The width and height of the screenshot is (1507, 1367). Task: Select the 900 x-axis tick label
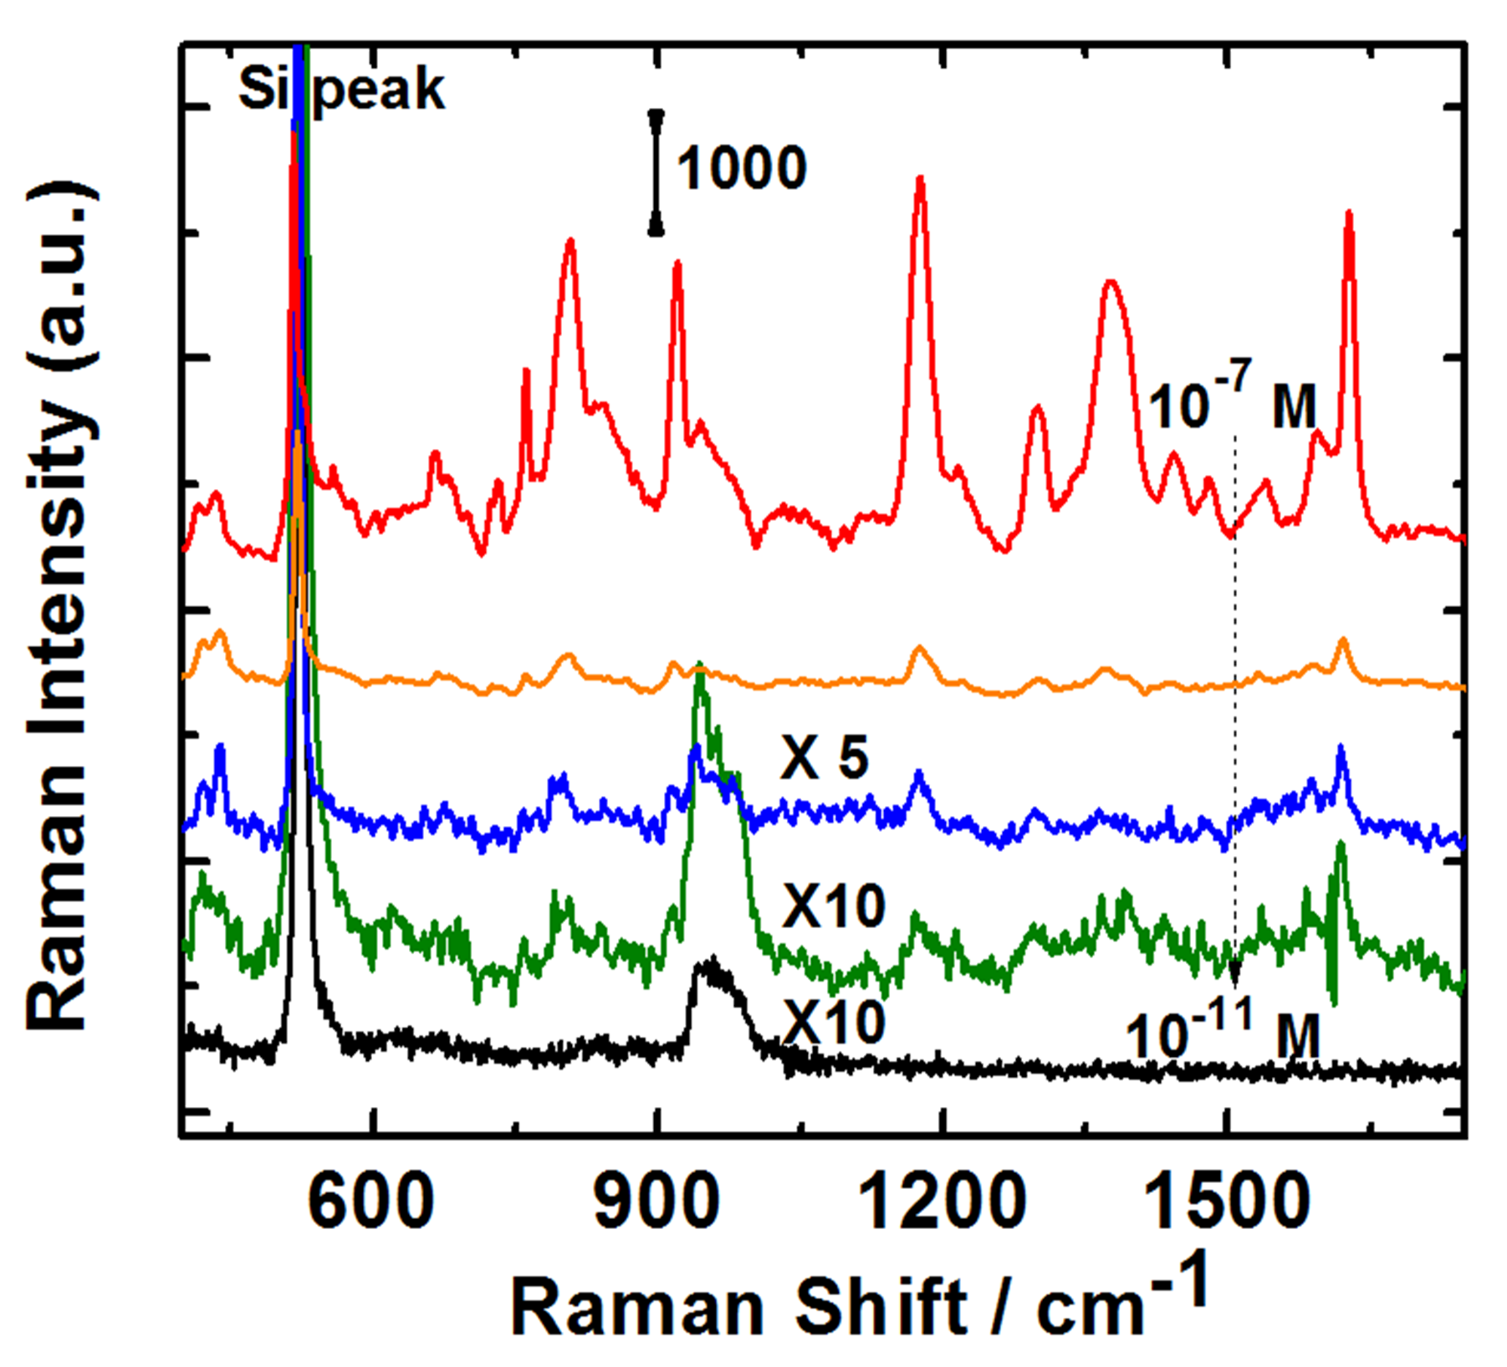[x=657, y=1201]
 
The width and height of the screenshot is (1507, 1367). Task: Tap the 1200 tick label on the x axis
[x=943, y=1201]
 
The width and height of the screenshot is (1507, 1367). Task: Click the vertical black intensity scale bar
[x=656, y=172]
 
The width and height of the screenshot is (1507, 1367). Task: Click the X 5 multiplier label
[x=825, y=758]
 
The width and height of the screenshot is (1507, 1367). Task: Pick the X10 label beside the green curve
[x=833, y=905]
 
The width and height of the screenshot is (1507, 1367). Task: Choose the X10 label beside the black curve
[x=833, y=1021]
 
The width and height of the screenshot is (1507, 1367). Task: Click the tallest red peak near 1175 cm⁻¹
[x=920, y=180]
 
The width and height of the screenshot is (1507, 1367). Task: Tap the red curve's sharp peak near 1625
[x=1348, y=216]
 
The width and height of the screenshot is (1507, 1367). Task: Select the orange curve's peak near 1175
[x=920, y=648]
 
